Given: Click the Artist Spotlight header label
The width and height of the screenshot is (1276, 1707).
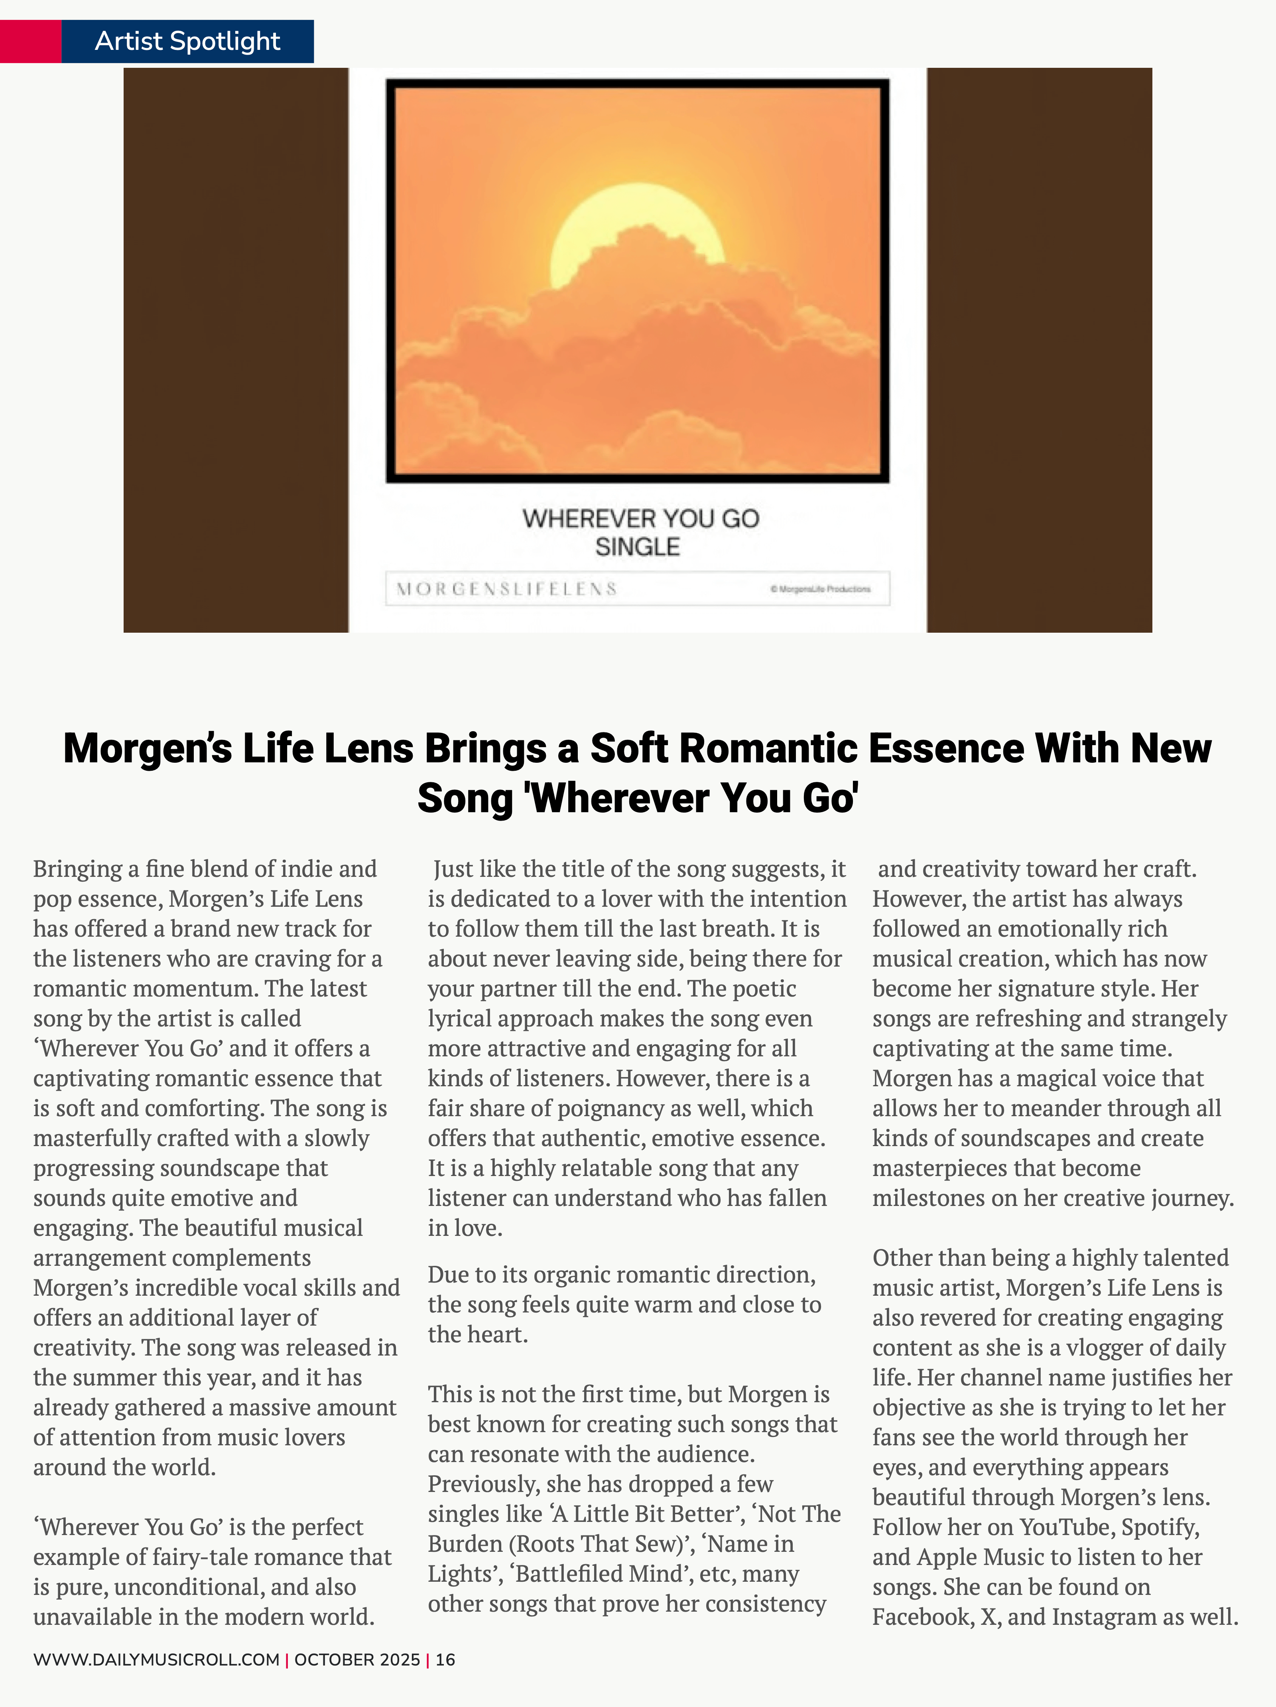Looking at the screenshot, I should [187, 41].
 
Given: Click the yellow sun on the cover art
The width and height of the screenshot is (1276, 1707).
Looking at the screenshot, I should [637, 224].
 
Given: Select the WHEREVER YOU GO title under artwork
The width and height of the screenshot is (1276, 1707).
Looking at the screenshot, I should [640, 519].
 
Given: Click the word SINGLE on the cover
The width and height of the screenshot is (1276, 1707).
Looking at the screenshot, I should [637, 547].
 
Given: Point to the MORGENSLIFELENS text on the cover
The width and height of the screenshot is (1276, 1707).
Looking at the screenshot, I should [507, 589].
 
